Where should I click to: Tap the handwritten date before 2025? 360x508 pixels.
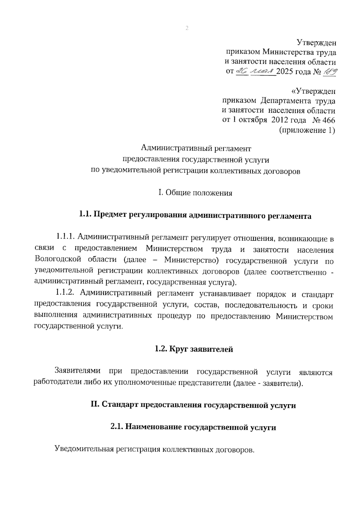(256, 72)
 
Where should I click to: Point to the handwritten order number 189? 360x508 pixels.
(329, 72)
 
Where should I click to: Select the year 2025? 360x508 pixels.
(285, 72)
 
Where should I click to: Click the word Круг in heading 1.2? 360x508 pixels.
(179, 349)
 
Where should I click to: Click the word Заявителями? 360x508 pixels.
(77, 372)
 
